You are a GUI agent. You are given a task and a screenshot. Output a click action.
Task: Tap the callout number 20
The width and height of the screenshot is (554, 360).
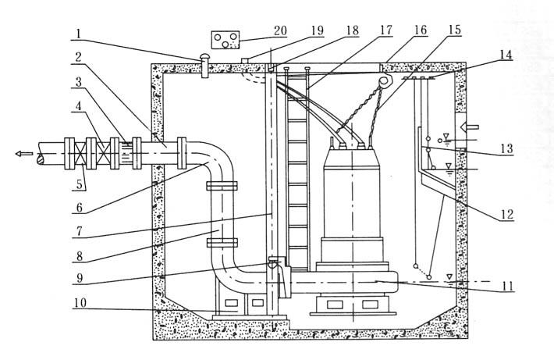(x=280, y=30)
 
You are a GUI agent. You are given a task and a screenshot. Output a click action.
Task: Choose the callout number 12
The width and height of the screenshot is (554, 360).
(x=508, y=210)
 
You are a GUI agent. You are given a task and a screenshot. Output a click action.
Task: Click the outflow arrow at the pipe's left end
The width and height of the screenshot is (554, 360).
(x=25, y=153)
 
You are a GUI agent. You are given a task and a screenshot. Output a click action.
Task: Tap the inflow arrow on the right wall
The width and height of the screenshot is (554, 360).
(x=473, y=126)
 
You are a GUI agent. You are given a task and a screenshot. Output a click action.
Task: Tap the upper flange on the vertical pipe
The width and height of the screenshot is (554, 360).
(x=222, y=186)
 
